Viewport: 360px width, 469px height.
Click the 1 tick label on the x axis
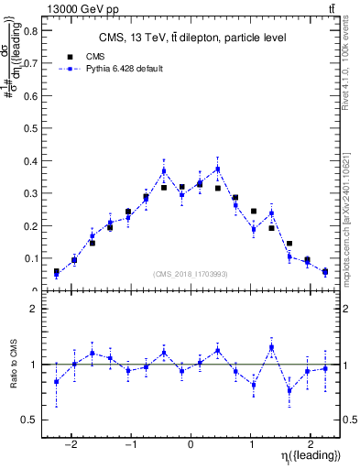(250, 439)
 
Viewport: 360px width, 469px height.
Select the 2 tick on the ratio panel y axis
(34, 309)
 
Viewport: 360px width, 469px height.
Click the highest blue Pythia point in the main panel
(218, 169)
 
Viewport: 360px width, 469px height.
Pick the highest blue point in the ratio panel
(272, 347)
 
